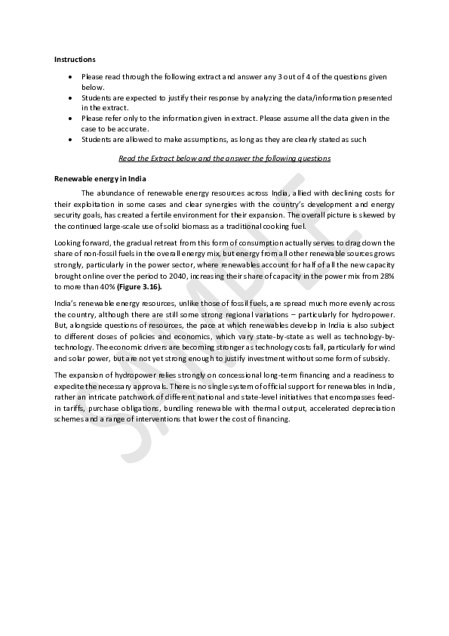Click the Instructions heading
point(75,59)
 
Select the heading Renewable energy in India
point(100,178)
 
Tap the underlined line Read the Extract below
point(224,159)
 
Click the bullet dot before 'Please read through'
point(70,77)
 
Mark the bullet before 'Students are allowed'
point(70,140)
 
